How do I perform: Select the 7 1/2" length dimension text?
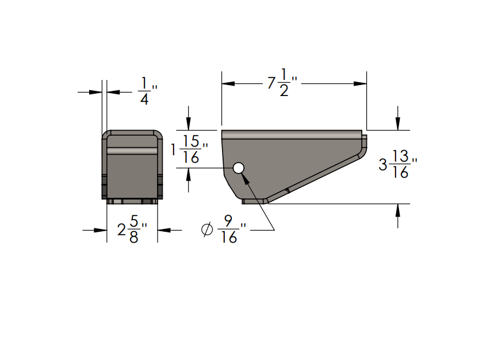click(x=282, y=83)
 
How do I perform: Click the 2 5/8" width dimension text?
click(x=132, y=230)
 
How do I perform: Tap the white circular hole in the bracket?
click(x=238, y=168)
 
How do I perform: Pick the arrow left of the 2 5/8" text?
click(x=100, y=230)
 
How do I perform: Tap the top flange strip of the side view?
click(x=292, y=135)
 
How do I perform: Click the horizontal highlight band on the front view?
click(x=132, y=151)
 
